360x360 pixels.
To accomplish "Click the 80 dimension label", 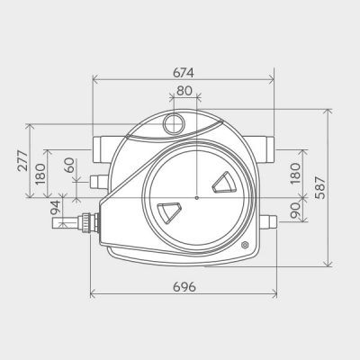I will (x=184, y=91).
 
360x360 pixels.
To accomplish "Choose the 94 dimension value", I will (x=55, y=208).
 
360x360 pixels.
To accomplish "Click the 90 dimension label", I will (x=294, y=209).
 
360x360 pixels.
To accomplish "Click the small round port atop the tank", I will (x=174, y=122).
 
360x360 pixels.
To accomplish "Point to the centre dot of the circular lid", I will (x=195, y=197).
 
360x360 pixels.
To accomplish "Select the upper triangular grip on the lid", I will (x=223, y=184).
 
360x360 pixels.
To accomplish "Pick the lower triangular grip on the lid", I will (x=168, y=211).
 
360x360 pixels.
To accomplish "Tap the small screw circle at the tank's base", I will (x=245, y=245).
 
